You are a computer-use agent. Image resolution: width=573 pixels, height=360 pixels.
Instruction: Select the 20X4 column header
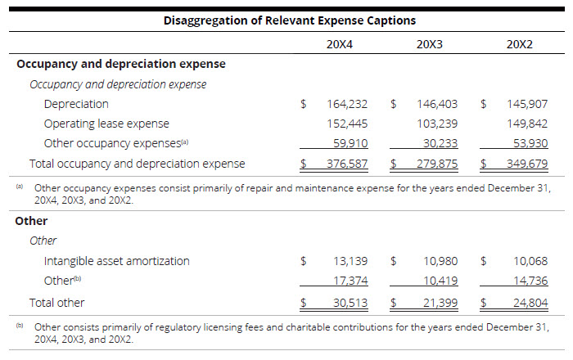point(339,43)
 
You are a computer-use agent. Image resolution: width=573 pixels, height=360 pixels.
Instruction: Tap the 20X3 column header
point(429,43)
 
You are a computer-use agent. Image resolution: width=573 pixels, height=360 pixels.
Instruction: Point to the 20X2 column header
point(519,43)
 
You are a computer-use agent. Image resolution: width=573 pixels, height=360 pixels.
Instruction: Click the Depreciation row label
point(76,104)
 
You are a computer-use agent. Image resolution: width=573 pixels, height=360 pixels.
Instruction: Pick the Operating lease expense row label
point(106,124)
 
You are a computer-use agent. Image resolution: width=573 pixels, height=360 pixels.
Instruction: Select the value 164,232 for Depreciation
point(347,104)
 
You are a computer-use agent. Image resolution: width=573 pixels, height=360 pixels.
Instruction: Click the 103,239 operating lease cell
point(437,124)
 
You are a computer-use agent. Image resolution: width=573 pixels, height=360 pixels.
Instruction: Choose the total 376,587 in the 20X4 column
point(347,164)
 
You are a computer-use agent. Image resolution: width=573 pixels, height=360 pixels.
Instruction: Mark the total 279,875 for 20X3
point(437,164)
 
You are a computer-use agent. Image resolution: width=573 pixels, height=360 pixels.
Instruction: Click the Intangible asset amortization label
point(116,261)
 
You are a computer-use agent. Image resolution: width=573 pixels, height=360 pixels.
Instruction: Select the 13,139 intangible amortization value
point(350,261)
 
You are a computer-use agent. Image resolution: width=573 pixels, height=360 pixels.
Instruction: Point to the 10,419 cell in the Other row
point(440,281)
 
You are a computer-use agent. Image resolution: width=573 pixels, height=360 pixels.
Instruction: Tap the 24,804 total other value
point(530,302)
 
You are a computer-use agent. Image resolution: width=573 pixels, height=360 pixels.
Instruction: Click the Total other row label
point(57,302)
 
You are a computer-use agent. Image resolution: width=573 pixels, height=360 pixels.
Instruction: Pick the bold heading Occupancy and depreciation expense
point(121,63)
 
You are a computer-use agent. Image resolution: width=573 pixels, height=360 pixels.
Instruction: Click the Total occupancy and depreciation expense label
point(137,164)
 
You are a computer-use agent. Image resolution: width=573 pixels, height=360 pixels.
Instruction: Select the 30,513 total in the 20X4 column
point(350,302)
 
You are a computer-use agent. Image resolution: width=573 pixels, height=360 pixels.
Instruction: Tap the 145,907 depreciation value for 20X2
point(527,104)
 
